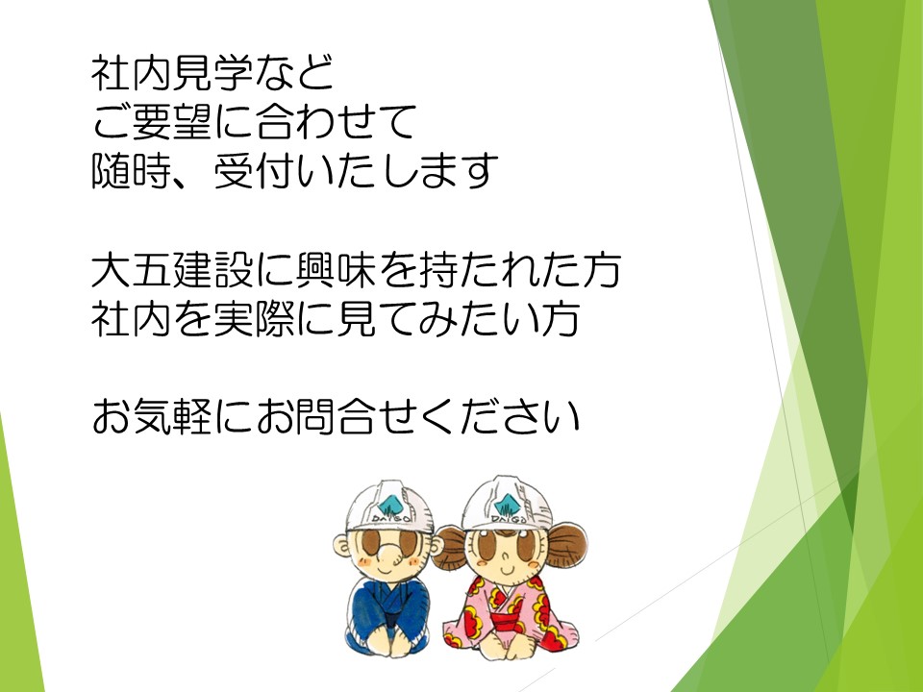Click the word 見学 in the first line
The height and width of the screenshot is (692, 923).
(213, 73)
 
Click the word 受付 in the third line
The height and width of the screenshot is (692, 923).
(254, 171)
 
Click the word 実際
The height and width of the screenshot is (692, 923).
(254, 318)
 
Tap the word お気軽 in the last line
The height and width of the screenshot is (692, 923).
(152, 415)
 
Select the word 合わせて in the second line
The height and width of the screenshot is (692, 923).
(337, 121)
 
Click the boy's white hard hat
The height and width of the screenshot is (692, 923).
(389, 507)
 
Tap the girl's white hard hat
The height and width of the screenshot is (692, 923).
(508, 503)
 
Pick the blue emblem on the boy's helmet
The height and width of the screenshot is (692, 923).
(389, 505)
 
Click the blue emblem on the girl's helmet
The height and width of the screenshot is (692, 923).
(508, 503)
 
